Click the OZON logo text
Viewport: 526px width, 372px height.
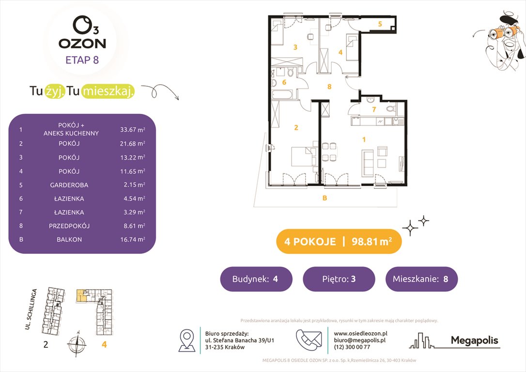(x=82, y=43)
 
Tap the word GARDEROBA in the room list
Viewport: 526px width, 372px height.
(x=69, y=185)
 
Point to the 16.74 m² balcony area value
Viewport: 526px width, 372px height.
(x=133, y=239)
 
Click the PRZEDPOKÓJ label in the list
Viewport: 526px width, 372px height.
(x=69, y=226)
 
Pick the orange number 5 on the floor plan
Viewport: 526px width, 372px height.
(x=380, y=24)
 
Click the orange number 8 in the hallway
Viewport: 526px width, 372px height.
(x=329, y=87)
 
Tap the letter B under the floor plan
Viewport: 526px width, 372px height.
(x=325, y=198)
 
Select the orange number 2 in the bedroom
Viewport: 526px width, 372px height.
(x=295, y=128)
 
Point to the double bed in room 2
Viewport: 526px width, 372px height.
(x=302, y=157)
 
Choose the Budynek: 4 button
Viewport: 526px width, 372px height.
(x=256, y=279)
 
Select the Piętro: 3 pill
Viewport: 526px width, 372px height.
(x=339, y=279)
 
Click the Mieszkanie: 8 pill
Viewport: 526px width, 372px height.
(x=421, y=279)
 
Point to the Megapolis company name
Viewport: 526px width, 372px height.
(x=474, y=341)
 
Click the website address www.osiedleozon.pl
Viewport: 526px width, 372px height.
(x=360, y=333)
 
